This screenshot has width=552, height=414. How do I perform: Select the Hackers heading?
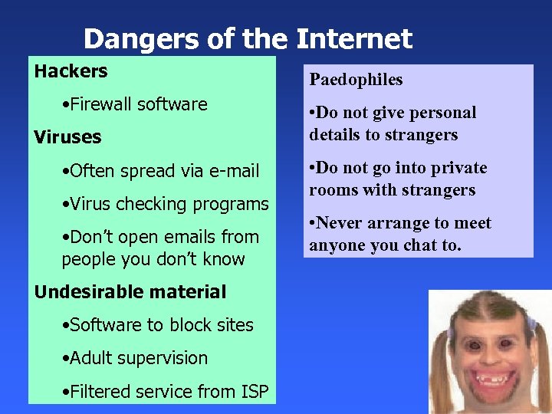(71, 71)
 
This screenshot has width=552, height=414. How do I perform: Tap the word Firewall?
(100, 104)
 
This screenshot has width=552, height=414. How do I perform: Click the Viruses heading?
(67, 137)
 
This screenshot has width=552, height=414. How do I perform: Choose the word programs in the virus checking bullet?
(234, 204)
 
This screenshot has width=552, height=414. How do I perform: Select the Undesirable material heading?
(130, 292)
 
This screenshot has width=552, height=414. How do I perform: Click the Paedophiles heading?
(356, 80)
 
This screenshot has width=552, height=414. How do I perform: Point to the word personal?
(444, 113)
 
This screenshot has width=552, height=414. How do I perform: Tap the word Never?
(342, 223)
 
